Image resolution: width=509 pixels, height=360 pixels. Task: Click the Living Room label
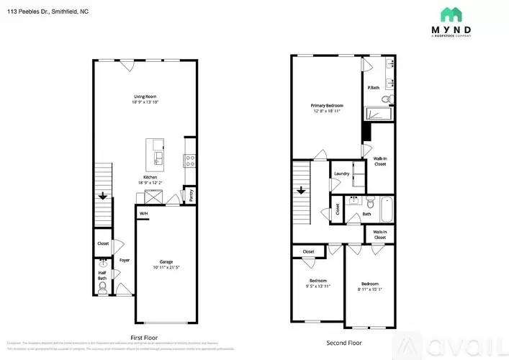[x=145, y=96]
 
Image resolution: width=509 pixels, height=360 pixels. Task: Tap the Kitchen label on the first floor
[x=150, y=177]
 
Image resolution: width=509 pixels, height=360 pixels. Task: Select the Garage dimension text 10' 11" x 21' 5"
[x=166, y=268]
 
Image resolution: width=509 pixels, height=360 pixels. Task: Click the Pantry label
[x=191, y=194]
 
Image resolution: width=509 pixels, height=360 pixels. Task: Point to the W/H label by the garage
[x=143, y=214]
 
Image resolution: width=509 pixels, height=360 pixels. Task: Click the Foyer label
[x=125, y=260]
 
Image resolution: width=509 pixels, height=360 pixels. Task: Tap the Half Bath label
[x=102, y=275]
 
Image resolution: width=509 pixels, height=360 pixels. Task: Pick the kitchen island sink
[x=158, y=157]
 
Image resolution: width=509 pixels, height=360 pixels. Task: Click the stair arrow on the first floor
[x=103, y=194]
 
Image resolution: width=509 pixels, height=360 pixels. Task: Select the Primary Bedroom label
[x=328, y=106]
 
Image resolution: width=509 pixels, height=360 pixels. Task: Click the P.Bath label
[x=374, y=88]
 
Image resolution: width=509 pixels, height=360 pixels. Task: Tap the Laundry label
[x=341, y=174]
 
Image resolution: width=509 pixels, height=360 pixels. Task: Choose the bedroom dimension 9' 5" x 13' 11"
[x=317, y=287]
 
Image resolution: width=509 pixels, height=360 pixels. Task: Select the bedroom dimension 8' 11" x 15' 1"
[x=370, y=289]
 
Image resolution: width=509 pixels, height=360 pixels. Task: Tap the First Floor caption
[x=145, y=338]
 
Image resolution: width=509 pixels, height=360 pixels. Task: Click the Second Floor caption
[x=343, y=343]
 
